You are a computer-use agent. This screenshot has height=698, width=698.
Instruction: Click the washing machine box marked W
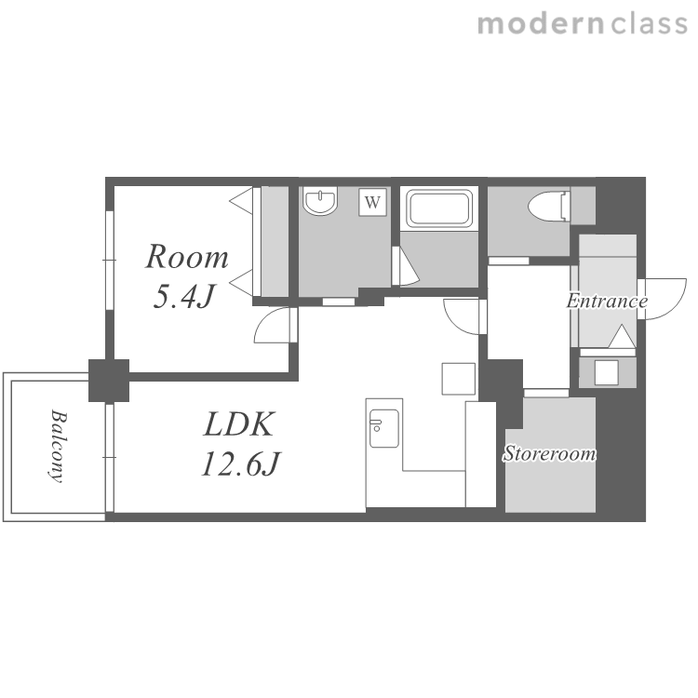[x=372, y=203]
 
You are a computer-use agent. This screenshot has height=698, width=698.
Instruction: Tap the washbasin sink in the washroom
[x=320, y=201]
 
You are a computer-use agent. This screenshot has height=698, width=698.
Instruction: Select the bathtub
[x=439, y=208]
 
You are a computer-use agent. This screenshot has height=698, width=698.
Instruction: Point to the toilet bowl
[x=548, y=207]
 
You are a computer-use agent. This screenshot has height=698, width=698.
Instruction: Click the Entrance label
[x=607, y=302]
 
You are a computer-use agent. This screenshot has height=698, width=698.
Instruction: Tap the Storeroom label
[x=550, y=453]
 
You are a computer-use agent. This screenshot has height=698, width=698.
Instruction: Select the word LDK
[x=238, y=424]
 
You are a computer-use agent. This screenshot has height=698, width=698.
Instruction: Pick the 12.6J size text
[x=240, y=463]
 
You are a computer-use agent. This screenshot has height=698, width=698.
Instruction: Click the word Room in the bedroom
[x=187, y=257]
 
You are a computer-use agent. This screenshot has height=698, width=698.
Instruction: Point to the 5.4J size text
[x=184, y=296]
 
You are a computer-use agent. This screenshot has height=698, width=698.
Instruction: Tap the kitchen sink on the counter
[x=383, y=428]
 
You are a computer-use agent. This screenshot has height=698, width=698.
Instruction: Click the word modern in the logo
[x=541, y=23]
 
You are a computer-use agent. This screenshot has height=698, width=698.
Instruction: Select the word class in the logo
[x=649, y=23]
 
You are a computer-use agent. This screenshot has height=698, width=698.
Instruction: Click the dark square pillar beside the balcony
[x=109, y=381]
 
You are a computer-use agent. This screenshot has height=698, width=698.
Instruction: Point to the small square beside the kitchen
[x=459, y=379]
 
